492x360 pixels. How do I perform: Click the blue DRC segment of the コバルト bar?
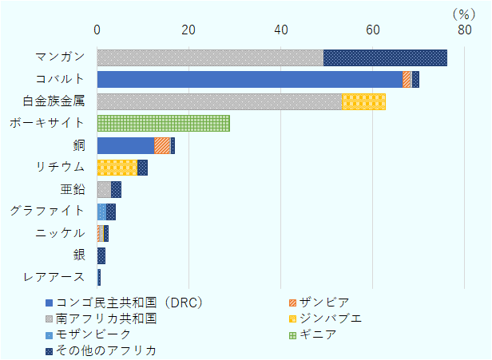click(x=249, y=79)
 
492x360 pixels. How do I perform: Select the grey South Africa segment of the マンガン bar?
click(x=210, y=57)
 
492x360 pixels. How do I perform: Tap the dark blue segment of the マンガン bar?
click(x=385, y=57)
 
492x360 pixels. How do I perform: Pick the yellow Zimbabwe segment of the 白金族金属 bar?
click(x=363, y=101)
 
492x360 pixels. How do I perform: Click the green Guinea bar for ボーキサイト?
click(x=164, y=123)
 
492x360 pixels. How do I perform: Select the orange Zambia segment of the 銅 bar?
click(x=162, y=145)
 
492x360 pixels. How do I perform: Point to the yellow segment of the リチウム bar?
click(x=117, y=167)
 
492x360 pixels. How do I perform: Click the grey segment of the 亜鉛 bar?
click(x=104, y=189)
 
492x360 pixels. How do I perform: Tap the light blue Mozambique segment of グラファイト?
click(x=101, y=212)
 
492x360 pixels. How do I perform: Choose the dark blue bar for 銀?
click(x=101, y=255)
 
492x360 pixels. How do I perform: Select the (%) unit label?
click(x=462, y=13)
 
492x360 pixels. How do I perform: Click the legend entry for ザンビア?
click(x=323, y=303)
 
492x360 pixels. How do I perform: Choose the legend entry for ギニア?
click(x=318, y=334)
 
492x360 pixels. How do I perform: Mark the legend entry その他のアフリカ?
click(x=105, y=350)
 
